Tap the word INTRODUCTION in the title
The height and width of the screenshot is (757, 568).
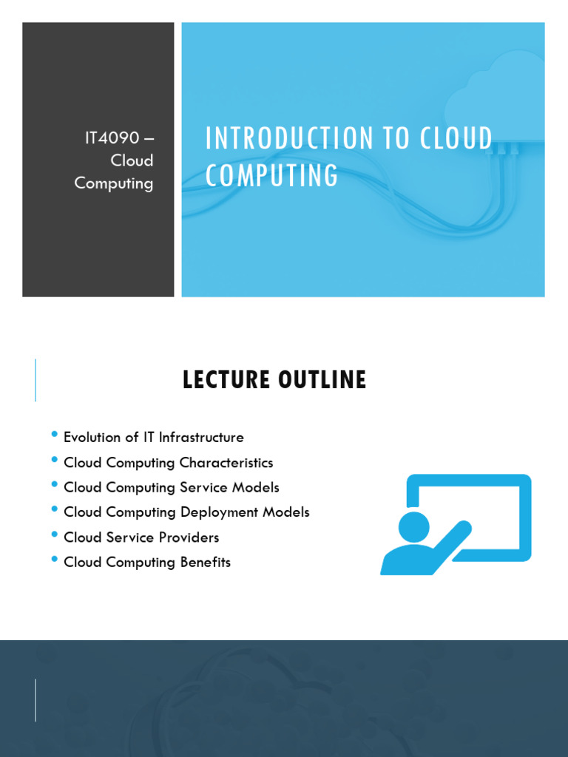(x=280, y=138)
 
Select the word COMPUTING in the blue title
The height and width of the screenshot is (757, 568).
(x=271, y=176)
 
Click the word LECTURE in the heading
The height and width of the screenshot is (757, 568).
(x=226, y=380)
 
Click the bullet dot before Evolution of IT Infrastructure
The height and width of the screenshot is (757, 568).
(x=54, y=434)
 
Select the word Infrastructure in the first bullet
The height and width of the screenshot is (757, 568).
(x=201, y=437)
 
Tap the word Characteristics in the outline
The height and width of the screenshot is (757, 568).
(x=226, y=463)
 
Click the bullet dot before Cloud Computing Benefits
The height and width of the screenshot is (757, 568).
(x=54, y=559)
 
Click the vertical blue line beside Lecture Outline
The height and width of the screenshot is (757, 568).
(x=35, y=380)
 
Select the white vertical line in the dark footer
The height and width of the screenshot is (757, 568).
(x=35, y=699)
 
